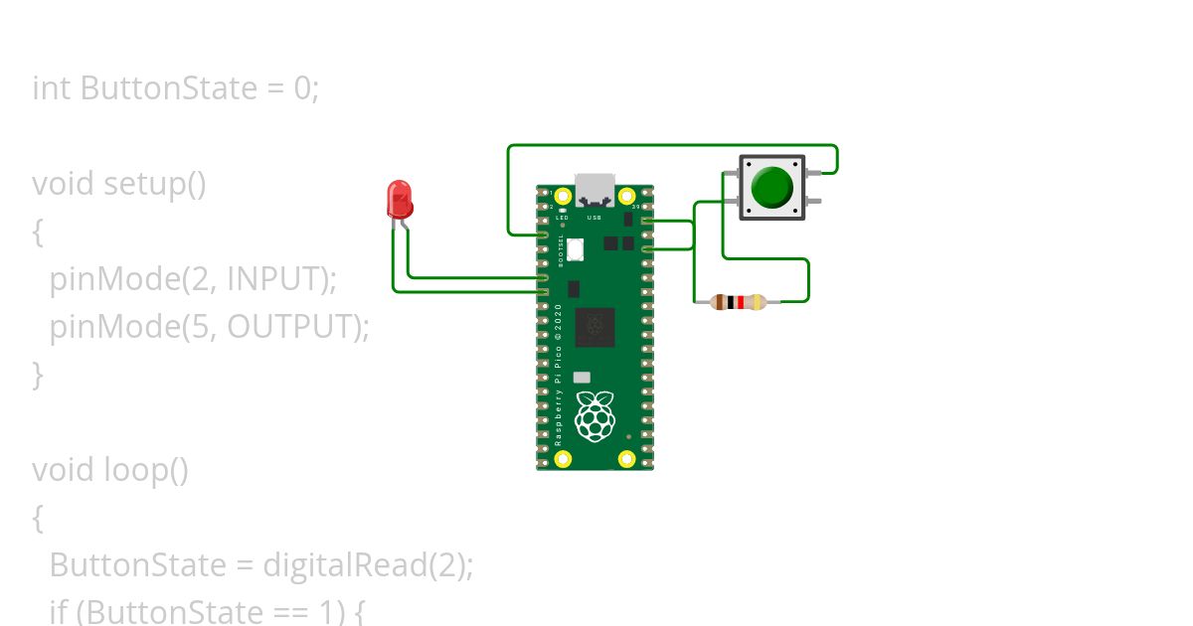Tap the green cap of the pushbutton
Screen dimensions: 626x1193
click(x=771, y=187)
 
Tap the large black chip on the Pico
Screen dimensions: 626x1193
click(x=595, y=327)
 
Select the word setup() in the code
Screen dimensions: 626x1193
click(x=155, y=184)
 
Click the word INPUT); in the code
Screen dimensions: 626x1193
click(x=282, y=279)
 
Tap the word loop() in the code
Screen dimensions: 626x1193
click(x=146, y=469)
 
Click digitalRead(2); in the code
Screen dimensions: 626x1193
click(x=368, y=564)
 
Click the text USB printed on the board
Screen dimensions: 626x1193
click(x=595, y=217)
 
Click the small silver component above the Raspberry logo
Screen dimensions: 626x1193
click(x=582, y=378)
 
